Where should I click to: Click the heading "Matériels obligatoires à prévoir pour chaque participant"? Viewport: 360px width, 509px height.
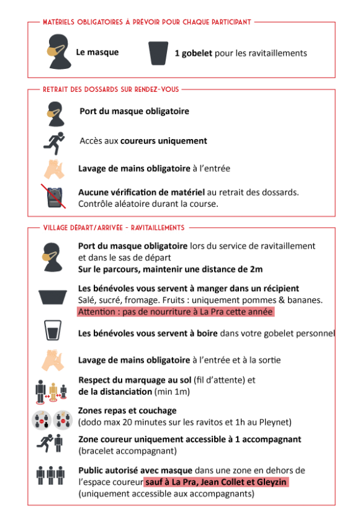146,22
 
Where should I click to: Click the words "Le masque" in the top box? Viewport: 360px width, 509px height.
97,53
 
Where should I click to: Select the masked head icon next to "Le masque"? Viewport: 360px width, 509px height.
56,52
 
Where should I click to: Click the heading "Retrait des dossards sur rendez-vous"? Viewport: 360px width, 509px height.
110,89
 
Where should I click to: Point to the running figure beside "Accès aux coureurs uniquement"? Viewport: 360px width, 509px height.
53,142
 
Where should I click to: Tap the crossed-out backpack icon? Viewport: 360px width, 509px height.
55,197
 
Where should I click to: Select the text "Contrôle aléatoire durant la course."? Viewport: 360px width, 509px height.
148,204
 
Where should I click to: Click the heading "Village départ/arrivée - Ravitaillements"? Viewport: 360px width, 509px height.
114,228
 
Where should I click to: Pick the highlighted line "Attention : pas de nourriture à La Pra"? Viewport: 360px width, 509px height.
175,312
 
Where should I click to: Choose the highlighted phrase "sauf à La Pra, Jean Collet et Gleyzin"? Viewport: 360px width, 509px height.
216,482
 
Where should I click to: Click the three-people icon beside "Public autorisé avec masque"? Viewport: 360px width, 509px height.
53,475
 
